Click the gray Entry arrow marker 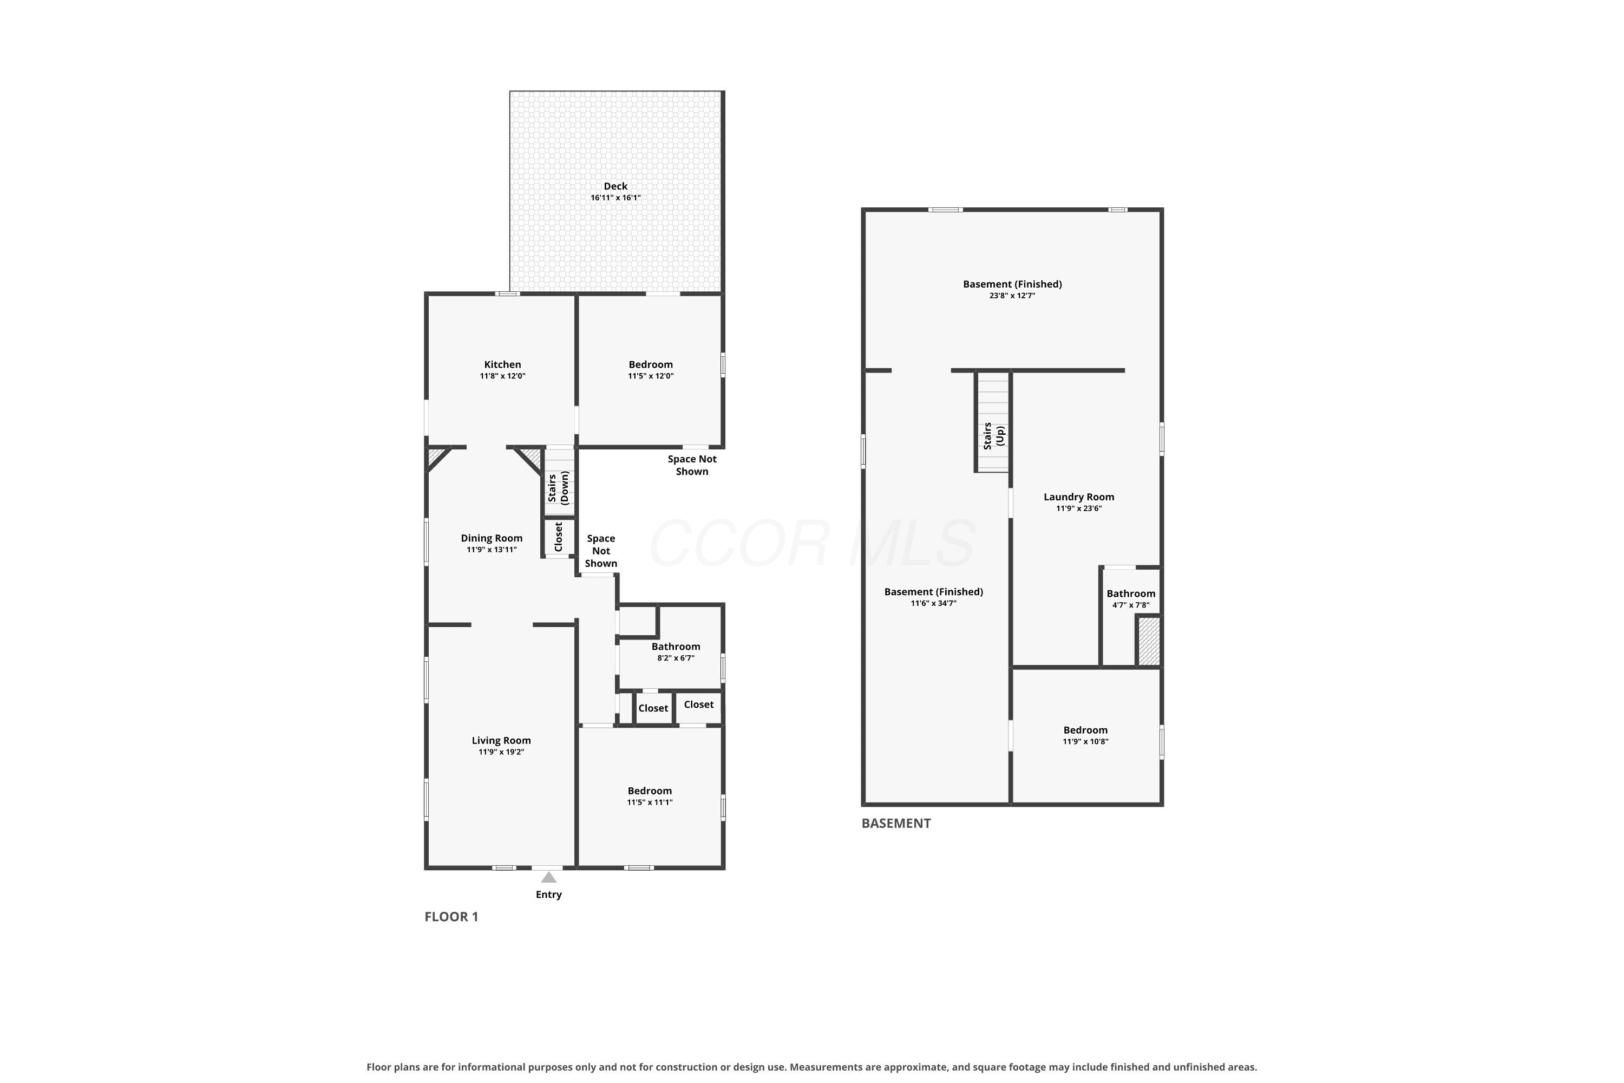[548, 877]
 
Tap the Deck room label [615, 186]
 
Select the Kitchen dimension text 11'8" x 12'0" [503, 376]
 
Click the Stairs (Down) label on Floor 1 [558, 488]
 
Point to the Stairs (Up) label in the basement [993, 436]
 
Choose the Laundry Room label [1078, 497]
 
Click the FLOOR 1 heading [451, 917]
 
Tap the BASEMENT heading [895, 823]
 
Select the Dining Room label [492, 538]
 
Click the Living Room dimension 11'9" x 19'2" [501, 752]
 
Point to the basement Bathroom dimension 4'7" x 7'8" [1131, 605]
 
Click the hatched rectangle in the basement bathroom [1148, 642]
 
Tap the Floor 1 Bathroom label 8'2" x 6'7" [676, 647]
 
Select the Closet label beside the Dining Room [559, 537]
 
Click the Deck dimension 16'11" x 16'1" [615, 198]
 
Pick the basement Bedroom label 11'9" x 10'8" [1085, 730]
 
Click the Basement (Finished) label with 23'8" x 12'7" [1012, 284]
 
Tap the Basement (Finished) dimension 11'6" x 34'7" [933, 604]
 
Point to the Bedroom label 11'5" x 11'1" [650, 791]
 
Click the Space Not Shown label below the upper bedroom [692, 465]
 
